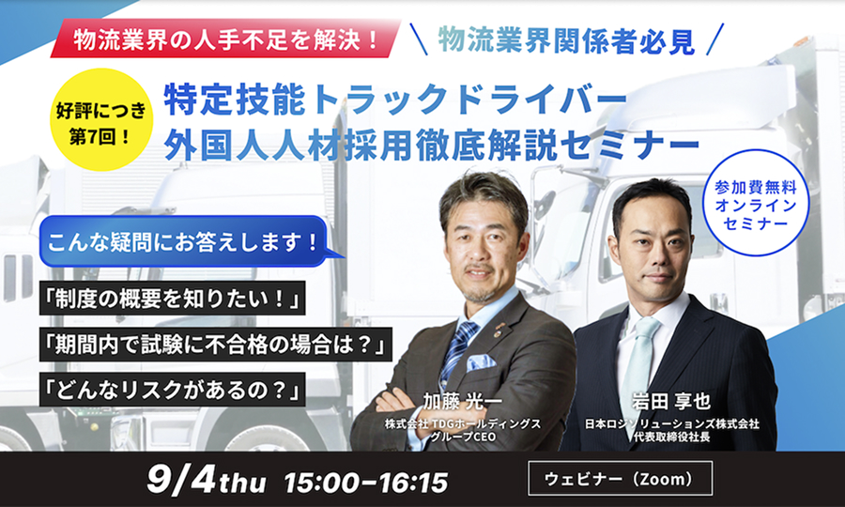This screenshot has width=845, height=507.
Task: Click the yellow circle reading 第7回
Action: click(x=101, y=119)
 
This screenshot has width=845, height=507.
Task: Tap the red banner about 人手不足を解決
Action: click(x=226, y=38)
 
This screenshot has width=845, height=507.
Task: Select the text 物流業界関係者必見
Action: click(x=566, y=41)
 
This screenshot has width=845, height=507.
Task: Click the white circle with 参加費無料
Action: click(x=756, y=203)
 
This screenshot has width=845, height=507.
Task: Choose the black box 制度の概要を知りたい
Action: click(x=173, y=298)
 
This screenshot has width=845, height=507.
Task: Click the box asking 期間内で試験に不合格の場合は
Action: click(x=216, y=344)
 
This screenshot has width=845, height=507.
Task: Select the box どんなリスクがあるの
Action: click(x=173, y=389)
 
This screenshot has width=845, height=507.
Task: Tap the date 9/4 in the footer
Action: click(x=181, y=479)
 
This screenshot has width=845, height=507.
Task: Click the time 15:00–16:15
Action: click(x=366, y=482)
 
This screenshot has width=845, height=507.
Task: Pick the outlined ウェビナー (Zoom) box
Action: click(x=621, y=479)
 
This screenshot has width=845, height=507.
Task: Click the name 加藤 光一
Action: click(x=462, y=402)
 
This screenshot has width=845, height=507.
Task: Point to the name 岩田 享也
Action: click(x=671, y=402)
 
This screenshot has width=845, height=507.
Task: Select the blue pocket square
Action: click(x=481, y=361)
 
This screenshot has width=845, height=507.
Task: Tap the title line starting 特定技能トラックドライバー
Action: click(x=395, y=100)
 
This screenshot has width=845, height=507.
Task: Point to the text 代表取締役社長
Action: click(x=671, y=437)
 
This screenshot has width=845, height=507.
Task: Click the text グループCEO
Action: click(x=462, y=437)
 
